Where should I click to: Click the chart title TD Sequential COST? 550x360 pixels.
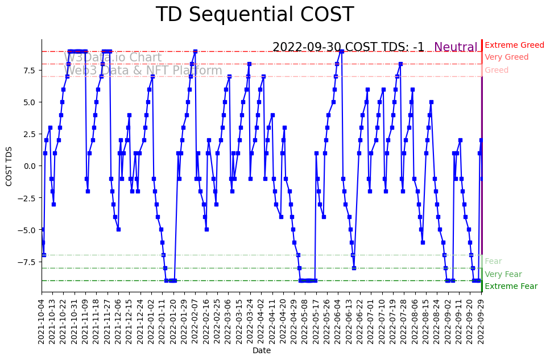(x=254, y=15)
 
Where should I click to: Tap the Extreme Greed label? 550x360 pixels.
(x=514, y=45)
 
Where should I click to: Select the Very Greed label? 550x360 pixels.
(x=506, y=57)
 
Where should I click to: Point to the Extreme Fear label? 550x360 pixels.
(x=511, y=287)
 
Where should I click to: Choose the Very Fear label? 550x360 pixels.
(x=503, y=274)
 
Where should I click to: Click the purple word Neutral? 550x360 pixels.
(x=456, y=47)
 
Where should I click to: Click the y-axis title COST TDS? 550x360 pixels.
(x=9, y=165)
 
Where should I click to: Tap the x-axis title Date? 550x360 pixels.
(x=262, y=351)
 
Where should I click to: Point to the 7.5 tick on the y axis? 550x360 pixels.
(x=30, y=70)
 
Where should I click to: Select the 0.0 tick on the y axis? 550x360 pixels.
(x=30, y=166)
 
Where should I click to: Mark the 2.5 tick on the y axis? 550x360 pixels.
(x=30, y=134)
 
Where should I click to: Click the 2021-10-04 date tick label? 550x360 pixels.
(x=42, y=321)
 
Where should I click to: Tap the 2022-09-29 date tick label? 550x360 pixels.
(x=481, y=321)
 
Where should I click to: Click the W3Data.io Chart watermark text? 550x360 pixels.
(x=113, y=57)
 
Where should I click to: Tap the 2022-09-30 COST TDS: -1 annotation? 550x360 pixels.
(x=348, y=47)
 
